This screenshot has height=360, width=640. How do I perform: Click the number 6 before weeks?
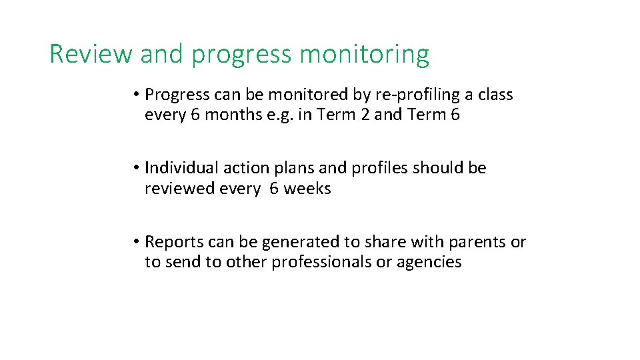tap(274, 189)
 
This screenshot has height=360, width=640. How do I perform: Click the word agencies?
tap(429, 262)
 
